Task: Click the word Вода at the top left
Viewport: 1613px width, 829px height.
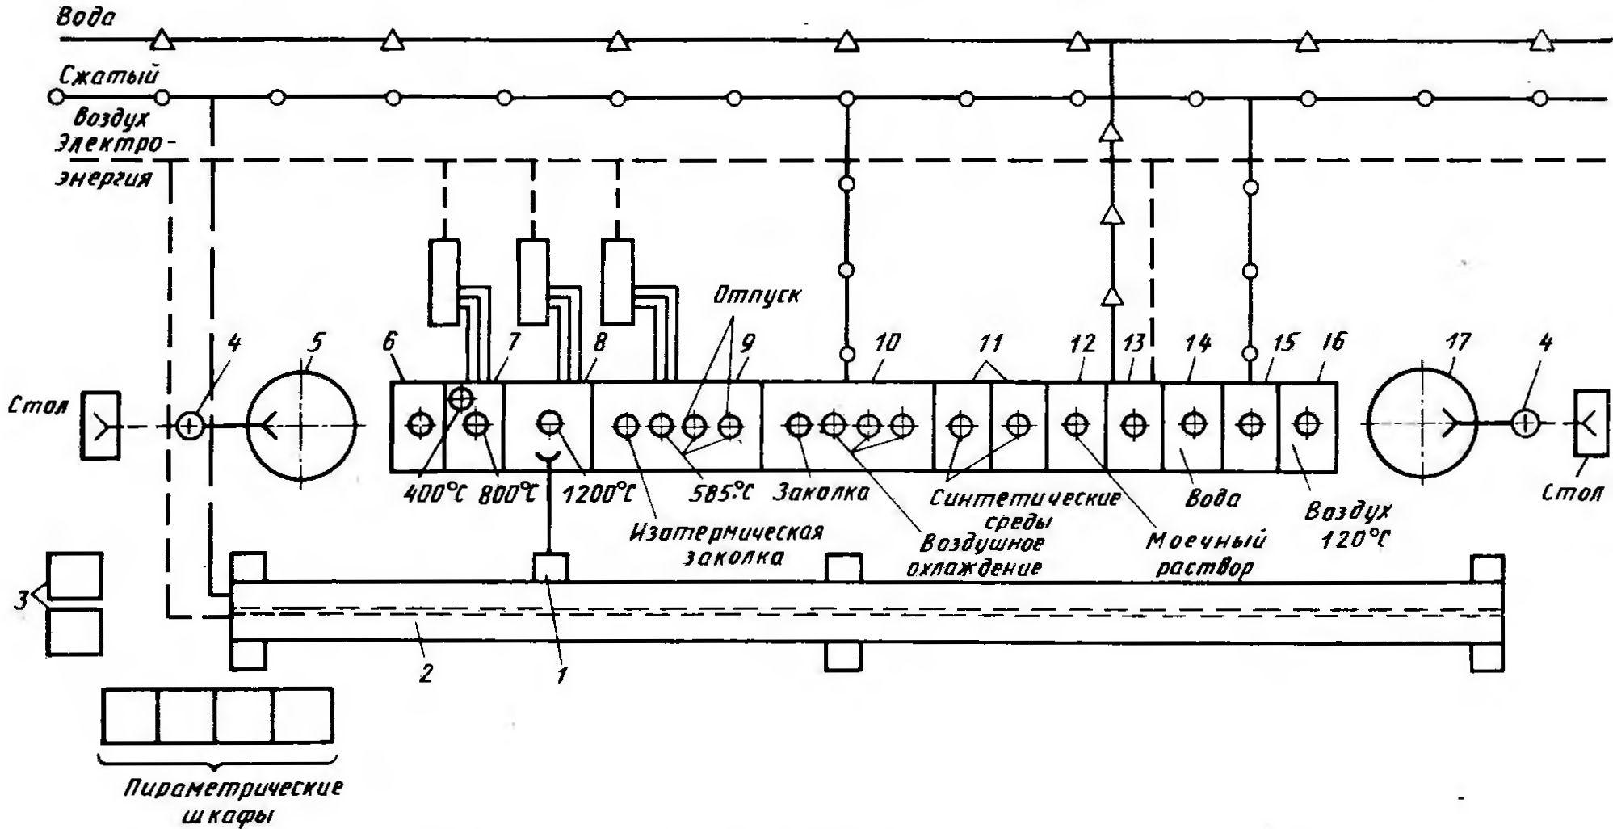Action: tap(86, 18)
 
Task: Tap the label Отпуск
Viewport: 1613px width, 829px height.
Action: tap(756, 294)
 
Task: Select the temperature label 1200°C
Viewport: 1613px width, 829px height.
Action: tap(598, 491)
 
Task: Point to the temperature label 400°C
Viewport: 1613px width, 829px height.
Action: tap(434, 491)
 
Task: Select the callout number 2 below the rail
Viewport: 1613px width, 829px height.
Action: tap(426, 671)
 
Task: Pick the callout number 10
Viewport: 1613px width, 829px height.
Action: tap(886, 343)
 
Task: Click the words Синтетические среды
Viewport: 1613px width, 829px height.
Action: tap(1023, 509)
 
